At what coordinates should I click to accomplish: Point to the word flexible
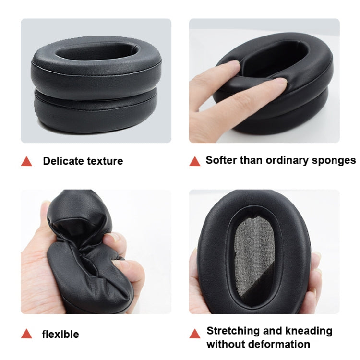point(60,334)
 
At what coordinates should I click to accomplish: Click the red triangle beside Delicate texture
point(26,162)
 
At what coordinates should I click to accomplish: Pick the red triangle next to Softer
point(194,161)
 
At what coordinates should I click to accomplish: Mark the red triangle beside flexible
point(26,334)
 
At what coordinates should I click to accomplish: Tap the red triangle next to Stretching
point(194,334)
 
